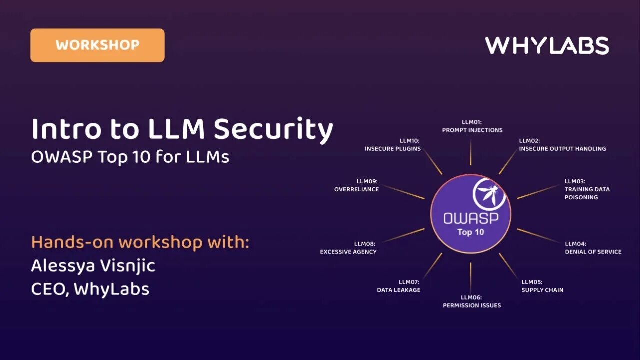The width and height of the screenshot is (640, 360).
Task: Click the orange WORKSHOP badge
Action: coord(97,45)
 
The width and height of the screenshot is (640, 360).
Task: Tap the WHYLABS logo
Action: coord(547,46)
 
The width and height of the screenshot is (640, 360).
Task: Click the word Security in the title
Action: coord(273,129)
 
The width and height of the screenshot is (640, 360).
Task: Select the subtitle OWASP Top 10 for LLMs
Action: coord(130,157)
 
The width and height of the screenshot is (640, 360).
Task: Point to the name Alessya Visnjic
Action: coord(93,265)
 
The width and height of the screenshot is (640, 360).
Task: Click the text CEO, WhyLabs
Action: coord(90,289)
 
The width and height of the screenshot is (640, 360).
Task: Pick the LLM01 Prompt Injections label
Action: coord(472,126)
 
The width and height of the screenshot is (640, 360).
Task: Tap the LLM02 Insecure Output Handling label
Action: coord(562,145)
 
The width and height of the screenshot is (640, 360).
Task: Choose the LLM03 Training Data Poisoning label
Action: coord(587,189)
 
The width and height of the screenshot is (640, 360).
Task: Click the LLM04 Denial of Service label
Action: coord(593,248)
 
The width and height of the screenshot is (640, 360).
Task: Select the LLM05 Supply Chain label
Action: coord(542,286)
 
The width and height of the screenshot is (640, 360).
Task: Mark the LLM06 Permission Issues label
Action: coord(472,301)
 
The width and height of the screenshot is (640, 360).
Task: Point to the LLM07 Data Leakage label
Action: coord(399,286)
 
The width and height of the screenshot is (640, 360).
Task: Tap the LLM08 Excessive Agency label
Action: coord(348,248)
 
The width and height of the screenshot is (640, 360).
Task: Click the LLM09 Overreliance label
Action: coord(356,185)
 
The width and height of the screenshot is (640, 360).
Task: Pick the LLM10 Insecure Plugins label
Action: coord(393,145)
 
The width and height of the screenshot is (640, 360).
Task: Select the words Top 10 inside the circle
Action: coord(470,232)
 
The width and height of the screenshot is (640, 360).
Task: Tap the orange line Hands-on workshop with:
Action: coord(140,242)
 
